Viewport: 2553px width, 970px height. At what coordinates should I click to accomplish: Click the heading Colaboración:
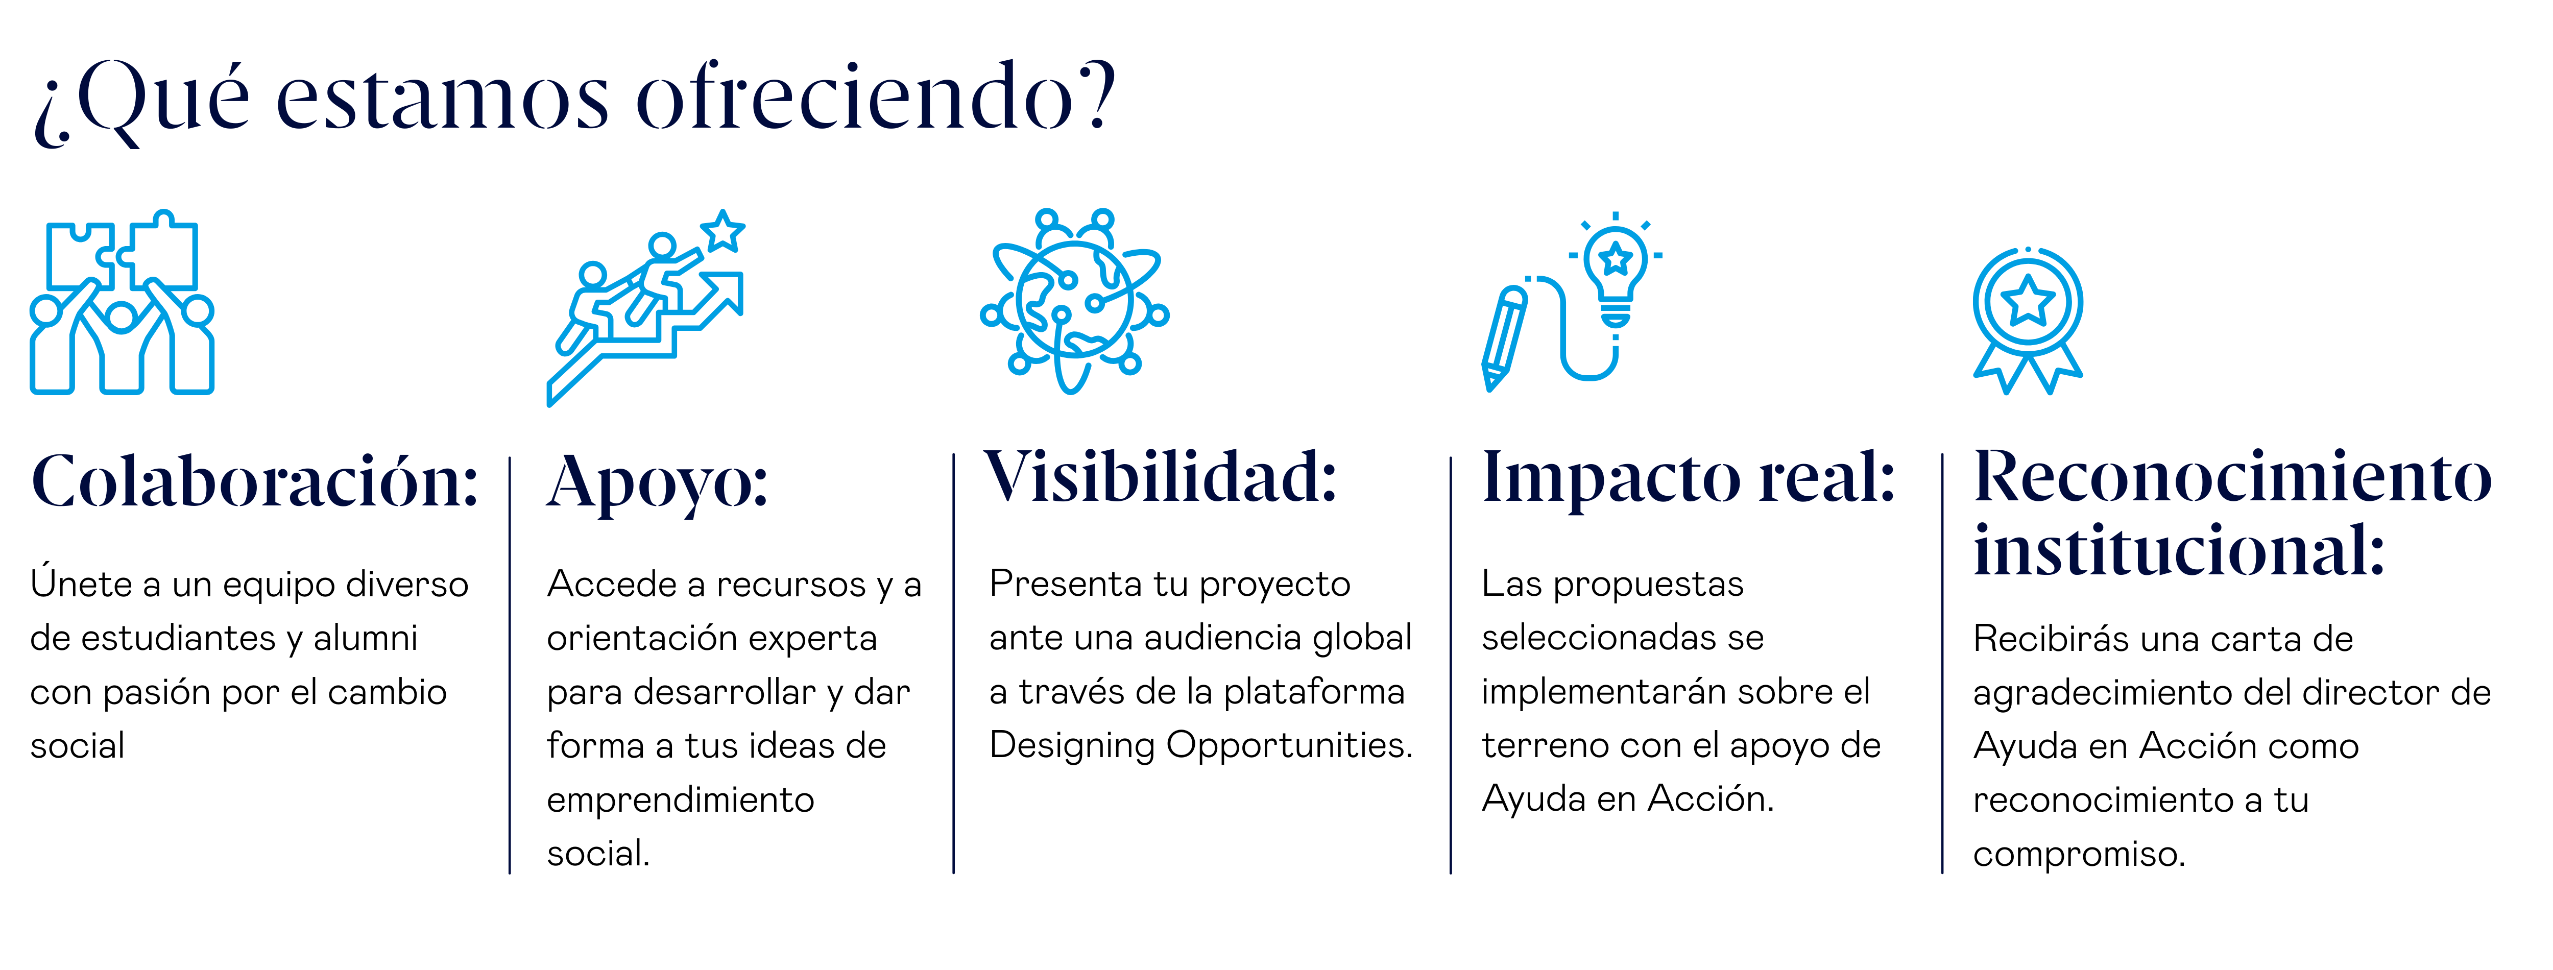(255, 482)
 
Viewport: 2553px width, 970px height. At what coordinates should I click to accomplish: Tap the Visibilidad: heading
(1161, 477)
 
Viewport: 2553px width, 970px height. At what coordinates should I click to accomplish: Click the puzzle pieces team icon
(122, 302)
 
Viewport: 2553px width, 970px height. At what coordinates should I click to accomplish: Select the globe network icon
(1074, 301)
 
